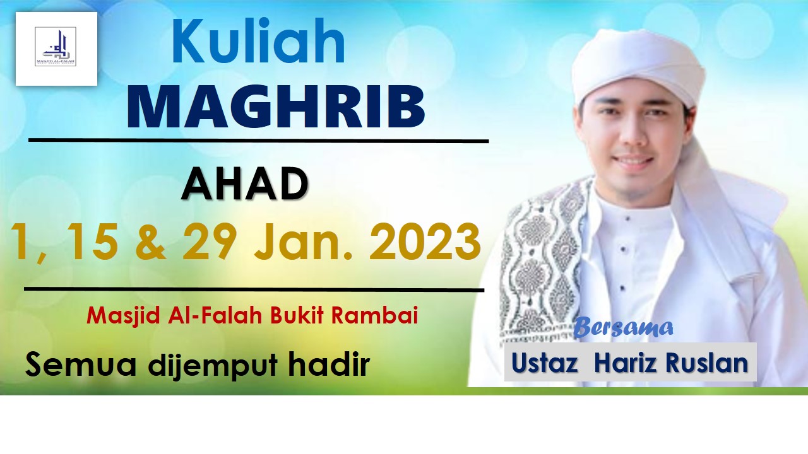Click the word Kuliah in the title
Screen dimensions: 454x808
click(x=258, y=43)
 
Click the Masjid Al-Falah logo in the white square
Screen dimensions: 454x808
click(x=56, y=48)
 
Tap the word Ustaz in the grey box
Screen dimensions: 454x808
click(x=545, y=363)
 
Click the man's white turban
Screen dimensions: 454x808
click(x=638, y=63)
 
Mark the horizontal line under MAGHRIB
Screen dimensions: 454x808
click(x=259, y=140)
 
